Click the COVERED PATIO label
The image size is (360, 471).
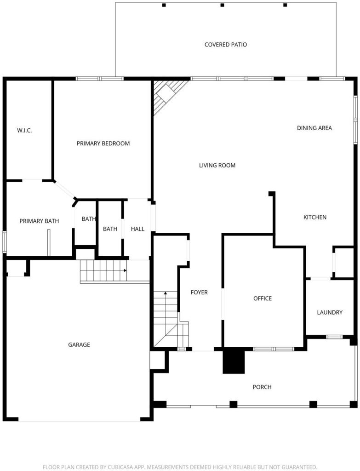point(225,45)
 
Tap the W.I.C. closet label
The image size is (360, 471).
point(24,130)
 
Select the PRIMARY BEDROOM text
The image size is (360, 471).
point(103,144)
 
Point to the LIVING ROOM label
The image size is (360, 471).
point(217,165)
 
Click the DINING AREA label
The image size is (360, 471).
point(314,128)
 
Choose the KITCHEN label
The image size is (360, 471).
point(314,217)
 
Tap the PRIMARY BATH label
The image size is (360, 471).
point(39,221)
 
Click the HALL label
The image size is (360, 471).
point(137,229)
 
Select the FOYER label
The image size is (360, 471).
point(199,292)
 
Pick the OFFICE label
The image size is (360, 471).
point(263,298)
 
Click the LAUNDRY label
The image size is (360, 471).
point(330,312)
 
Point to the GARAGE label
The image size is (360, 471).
point(79,345)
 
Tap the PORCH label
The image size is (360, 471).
point(262,387)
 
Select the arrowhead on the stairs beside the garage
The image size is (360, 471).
point(125,270)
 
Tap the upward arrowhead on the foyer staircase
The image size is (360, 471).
point(165,293)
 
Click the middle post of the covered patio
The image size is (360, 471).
point(222,5)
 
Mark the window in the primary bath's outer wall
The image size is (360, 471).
point(4,241)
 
